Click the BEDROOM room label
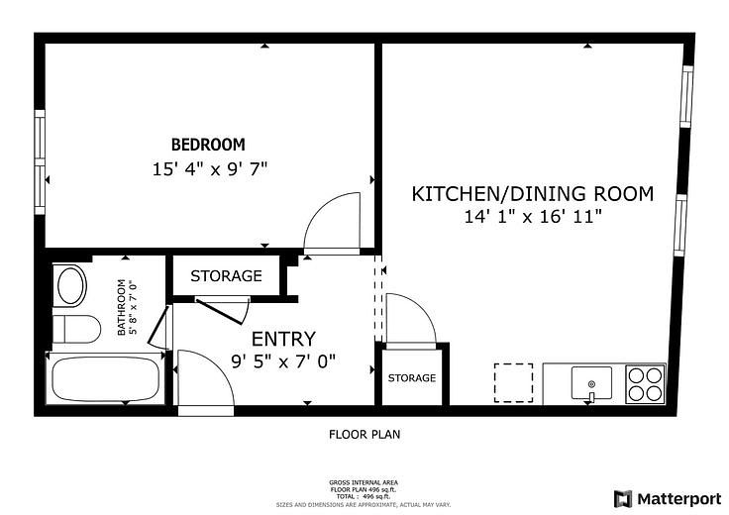point(208,145)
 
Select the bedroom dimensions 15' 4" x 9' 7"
point(210,169)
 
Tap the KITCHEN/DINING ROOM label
point(533,193)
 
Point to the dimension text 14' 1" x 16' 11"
point(533,217)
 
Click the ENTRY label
point(283,339)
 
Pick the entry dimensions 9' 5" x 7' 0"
point(283,361)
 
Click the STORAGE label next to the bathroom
point(226,276)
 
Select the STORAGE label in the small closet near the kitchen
point(411,378)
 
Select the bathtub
point(104,379)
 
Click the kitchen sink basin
point(591,380)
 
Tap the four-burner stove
point(645,383)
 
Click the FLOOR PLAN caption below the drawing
point(364,434)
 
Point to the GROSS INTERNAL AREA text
point(364,482)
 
